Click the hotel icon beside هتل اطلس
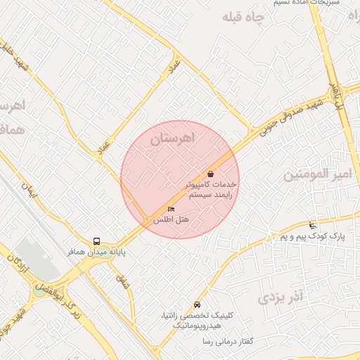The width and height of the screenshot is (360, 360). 171,210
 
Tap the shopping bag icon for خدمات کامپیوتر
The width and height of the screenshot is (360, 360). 210,174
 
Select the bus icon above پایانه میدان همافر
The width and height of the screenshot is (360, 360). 96,240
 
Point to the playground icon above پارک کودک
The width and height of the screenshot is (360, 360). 312,226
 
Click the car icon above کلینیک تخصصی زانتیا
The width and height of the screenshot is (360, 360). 197,305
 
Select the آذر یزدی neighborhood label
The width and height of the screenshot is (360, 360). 280,298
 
